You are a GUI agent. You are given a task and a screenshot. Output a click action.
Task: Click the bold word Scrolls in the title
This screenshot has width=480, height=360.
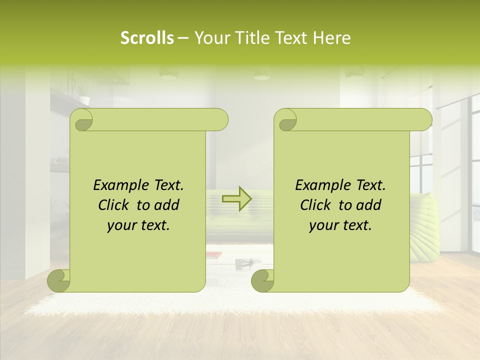(x=147, y=38)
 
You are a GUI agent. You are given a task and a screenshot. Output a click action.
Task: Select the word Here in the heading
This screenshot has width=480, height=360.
(x=331, y=38)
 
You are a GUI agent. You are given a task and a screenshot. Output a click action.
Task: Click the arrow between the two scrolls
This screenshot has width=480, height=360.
(x=236, y=199)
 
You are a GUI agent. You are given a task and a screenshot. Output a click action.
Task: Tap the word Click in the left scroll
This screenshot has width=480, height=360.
(x=114, y=205)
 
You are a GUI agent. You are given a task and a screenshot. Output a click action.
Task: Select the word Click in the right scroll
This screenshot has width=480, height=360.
(x=316, y=205)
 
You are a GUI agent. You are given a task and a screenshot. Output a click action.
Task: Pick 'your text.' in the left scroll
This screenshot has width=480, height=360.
(x=138, y=225)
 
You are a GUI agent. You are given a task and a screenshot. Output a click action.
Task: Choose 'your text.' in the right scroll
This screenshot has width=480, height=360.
(x=340, y=225)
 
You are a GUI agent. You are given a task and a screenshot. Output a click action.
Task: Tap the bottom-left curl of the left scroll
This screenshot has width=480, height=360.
(x=58, y=280)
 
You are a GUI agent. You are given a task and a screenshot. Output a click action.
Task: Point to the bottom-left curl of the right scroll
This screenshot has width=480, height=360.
(x=262, y=280)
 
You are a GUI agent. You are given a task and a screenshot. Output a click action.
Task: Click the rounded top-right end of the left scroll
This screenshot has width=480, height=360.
(x=220, y=120)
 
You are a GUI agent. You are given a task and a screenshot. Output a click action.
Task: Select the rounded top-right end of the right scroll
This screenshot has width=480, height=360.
(x=424, y=120)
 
